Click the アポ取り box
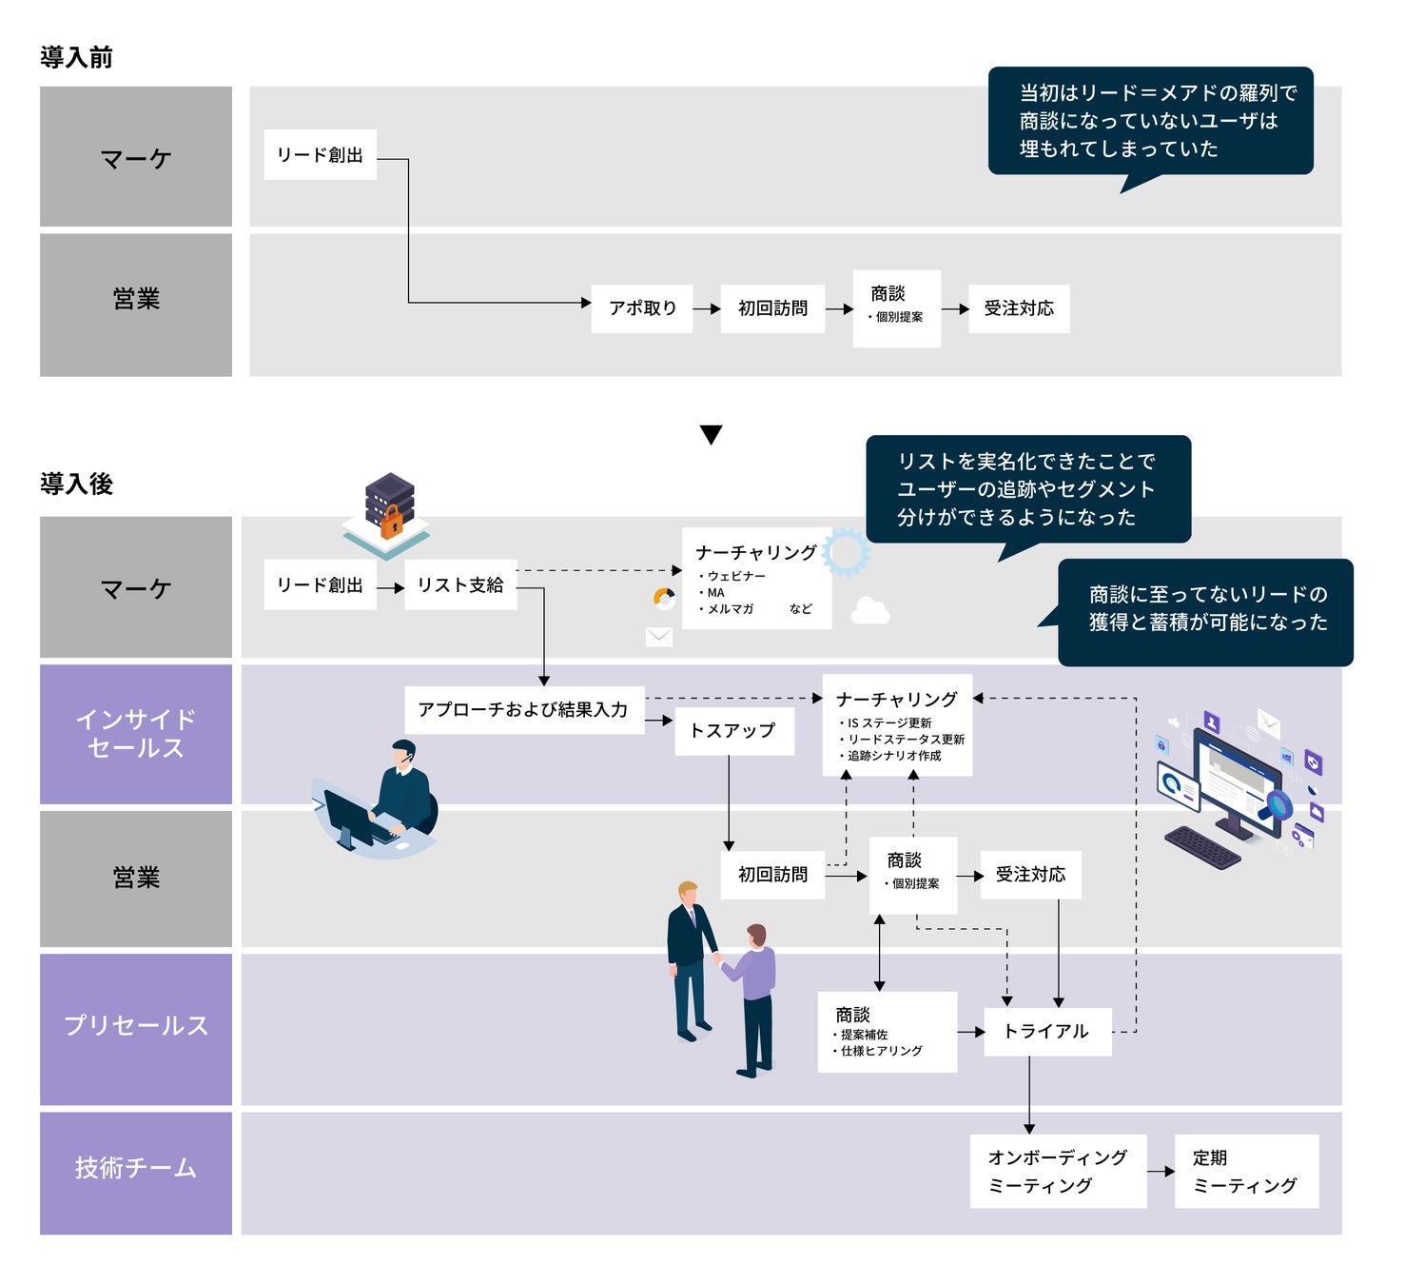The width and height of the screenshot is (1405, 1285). (x=642, y=308)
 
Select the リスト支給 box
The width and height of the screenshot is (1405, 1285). (x=460, y=584)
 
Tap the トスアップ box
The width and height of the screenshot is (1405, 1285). (x=733, y=730)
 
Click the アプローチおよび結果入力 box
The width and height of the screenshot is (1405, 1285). (x=523, y=709)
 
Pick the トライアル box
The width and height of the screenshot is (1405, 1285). (x=1046, y=1031)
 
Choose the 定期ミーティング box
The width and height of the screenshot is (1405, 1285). (x=1246, y=1171)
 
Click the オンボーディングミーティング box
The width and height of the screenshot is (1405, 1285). (x=1058, y=1171)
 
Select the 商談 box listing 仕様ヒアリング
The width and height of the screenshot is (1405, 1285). (x=887, y=1032)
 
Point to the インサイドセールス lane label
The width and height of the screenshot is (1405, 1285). (x=136, y=734)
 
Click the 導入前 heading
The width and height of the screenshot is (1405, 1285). (x=76, y=57)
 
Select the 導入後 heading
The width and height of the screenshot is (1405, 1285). (x=76, y=484)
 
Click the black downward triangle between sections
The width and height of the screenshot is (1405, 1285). (x=711, y=434)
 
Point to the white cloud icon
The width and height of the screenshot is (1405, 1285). (x=869, y=610)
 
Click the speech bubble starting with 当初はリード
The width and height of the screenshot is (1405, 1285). (x=1150, y=121)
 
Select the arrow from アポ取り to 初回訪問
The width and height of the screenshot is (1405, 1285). (x=707, y=308)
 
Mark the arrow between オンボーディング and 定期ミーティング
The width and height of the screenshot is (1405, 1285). (x=1161, y=1171)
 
